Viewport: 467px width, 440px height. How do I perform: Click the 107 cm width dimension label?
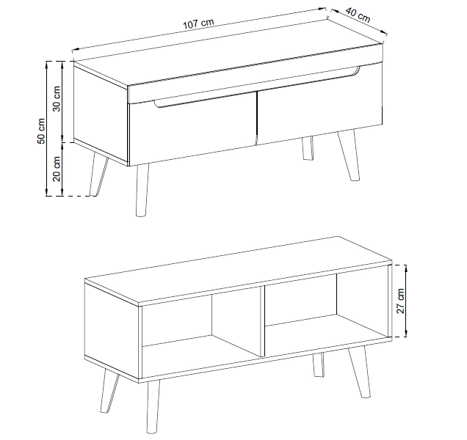coord(198,24)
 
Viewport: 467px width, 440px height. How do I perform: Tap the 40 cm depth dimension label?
coord(358,15)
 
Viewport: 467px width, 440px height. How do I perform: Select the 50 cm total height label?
coord(41,131)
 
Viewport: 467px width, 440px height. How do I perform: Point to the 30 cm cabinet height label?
coord(57,98)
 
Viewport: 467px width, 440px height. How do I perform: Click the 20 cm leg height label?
coord(57,169)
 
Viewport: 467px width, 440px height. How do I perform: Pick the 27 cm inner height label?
coord(401,301)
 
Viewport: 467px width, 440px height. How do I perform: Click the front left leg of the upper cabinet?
coord(142,189)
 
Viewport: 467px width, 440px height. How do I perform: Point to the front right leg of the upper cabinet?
coord(349,155)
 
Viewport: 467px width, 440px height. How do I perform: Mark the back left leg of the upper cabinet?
coord(98,175)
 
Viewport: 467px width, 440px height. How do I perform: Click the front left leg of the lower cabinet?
coord(153,406)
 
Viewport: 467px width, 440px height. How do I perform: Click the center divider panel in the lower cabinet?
coord(262,321)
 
